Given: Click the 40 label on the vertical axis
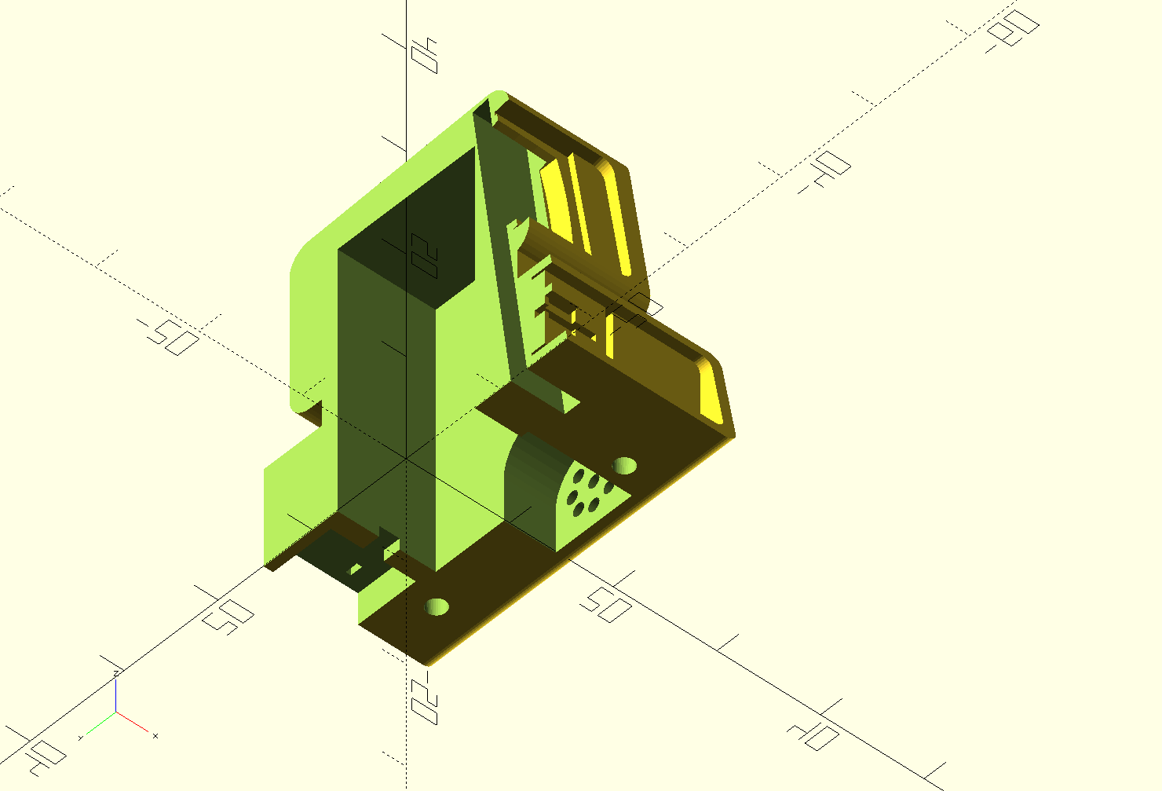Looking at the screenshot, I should [x=425, y=55].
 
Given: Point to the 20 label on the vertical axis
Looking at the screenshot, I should [x=424, y=255].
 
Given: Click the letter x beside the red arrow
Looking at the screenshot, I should [x=155, y=736].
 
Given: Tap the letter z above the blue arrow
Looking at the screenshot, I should [x=116, y=673].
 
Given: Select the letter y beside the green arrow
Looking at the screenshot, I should [x=82, y=739].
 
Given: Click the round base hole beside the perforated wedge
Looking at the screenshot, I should [x=625, y=465].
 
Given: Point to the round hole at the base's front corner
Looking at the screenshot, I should [x=437, y=606].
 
